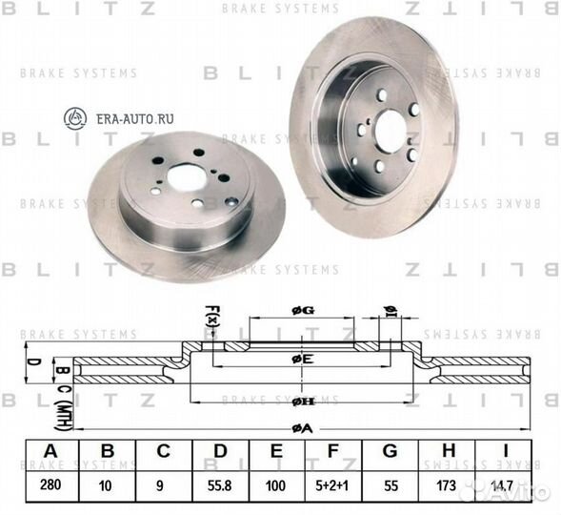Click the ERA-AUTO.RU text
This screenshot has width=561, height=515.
(x=132, y=118)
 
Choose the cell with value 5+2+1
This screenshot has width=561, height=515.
(x=331, y=484)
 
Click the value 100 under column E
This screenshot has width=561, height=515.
(x=275, y=484)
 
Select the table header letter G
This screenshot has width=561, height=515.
(x=390, y=452)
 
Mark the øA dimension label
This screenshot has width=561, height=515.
(x=301, y=428)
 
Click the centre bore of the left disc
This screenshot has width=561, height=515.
(x=185, y=176)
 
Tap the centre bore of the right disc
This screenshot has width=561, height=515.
(x=391, y=128)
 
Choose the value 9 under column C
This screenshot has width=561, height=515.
(x=162, y=484)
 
